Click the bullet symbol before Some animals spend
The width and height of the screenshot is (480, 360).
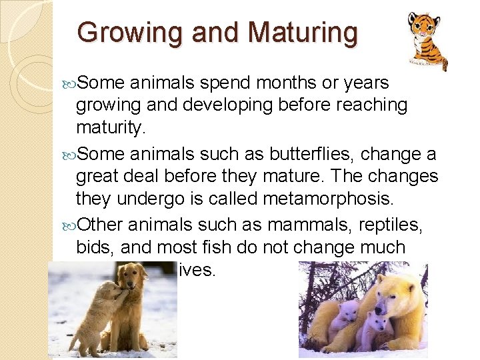pyautogui.click(x=71, y=82)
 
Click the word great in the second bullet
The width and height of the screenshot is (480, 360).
pyautogui.click(x=101, y=177)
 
